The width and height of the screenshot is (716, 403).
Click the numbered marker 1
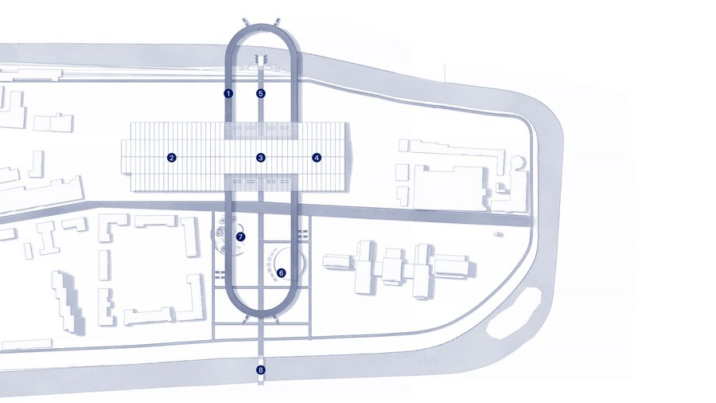(x=228, y=94)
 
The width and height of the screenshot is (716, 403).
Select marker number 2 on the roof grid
(x=172, y=158)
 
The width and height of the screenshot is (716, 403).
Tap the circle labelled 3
(x=261, y=158)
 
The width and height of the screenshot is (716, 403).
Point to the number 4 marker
(x=317, y=158)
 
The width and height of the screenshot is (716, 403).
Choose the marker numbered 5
(x=261, y=94)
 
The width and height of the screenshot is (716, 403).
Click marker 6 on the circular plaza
(x=282, y=272)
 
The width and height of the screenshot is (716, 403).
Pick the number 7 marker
(x=240, y=237)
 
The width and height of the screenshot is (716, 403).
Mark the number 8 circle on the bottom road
(x=261, y=370)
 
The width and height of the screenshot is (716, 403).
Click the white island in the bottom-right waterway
(x=515, y=314)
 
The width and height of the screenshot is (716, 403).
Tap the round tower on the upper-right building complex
(x=517, y=162)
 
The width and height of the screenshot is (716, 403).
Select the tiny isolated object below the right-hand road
(x=497, y=234)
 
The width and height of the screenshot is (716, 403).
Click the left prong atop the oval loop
(x=246, y=22)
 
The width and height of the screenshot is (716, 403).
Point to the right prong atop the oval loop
(x=276, y=22)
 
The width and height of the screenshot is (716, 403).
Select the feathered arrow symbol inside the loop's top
(x=261, y=60)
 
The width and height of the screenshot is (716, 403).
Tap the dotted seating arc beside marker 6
(x=270, y=265)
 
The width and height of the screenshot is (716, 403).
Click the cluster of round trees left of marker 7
(x=224, y=233)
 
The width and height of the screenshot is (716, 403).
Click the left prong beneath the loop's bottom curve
(x=246, y=319)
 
